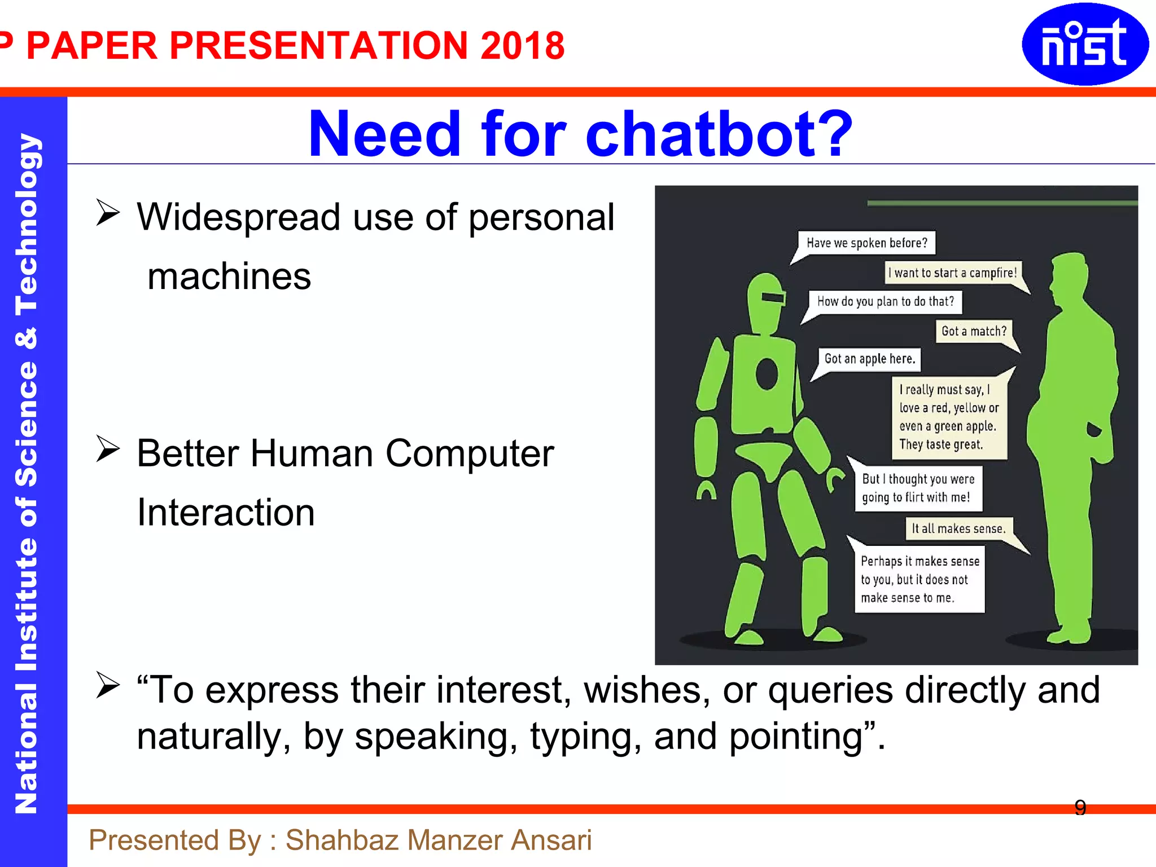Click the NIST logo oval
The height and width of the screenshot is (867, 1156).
point(1085,44)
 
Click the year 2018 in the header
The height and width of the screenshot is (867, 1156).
point(522,46)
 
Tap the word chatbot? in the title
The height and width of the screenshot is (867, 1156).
point(719,134)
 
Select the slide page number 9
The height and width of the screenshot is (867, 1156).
point(1080,808)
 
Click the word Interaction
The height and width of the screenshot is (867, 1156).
point(226,513)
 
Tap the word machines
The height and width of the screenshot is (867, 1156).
point(229,277)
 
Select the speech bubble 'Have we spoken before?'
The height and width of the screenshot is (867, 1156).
point(866,243)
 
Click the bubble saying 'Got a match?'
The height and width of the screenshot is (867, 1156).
point(974,331)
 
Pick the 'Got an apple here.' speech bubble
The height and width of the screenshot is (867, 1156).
point(869,359)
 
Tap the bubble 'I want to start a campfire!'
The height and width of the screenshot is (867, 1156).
point(952,273)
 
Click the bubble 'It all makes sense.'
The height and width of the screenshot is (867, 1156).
point(958,529)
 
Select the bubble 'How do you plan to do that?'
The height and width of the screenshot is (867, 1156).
point(885,301)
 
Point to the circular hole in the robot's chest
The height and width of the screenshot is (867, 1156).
point(767,374)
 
